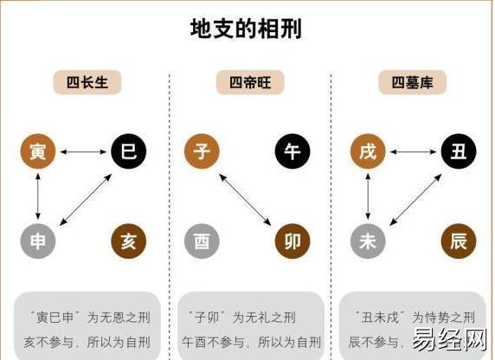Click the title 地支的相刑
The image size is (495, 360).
[246, 29]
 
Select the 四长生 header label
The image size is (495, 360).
[87, 82]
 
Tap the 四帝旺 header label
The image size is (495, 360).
[250, 82]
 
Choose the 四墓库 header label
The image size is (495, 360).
[412, 82]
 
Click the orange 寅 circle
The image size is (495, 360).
[38, 151]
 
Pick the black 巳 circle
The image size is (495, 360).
[128, 151]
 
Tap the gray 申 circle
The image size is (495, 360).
[38, 241]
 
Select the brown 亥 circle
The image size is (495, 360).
[128, 241]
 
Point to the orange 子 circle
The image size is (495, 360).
[202, 151]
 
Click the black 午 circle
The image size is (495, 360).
[292, 151]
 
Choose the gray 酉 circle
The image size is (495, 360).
[202, 241]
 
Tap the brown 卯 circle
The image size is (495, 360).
[292, 241]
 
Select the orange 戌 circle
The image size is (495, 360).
[368, 151]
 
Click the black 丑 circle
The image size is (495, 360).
[459, 151]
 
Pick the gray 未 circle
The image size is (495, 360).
[368, 241]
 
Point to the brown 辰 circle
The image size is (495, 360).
[459, 241]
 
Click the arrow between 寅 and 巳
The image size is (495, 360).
[83, 152]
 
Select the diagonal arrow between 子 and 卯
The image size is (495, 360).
[245, 200]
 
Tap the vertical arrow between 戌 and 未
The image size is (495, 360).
[368, 196]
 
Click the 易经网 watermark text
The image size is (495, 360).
[449, 340]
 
